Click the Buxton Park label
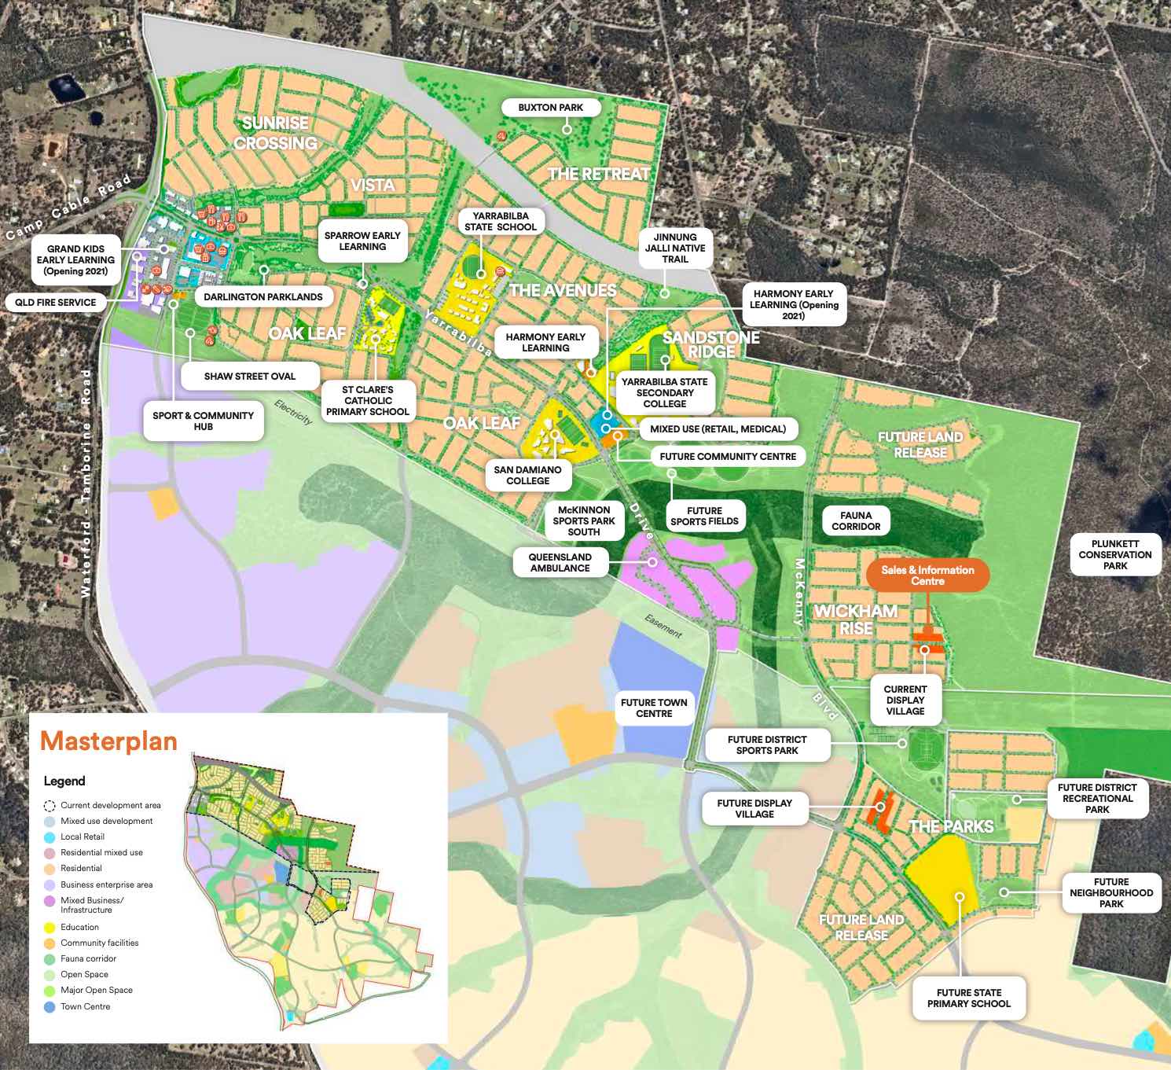pos(550,108)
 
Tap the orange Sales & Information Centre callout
pos(927,575)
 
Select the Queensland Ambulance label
pos(560,562)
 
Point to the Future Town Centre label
pos(653,708)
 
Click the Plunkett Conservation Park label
pos(1114,554)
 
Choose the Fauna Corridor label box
pos(856,520)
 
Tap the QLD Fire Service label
pos(55,302)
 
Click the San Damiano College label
pos(527,475)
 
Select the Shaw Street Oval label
pos(249,376)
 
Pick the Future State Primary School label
pos(968,998)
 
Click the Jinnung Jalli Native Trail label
pos(674,248)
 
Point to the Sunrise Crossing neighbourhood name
pos(275,133)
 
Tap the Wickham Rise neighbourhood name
pos(856,620)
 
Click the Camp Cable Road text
pos(68,208)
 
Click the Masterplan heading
pos(108,741)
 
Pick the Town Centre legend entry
pos(85,1006)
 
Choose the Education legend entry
pos(79,927)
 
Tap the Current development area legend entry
pos(110,805)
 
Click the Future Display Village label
pos(754,808)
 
